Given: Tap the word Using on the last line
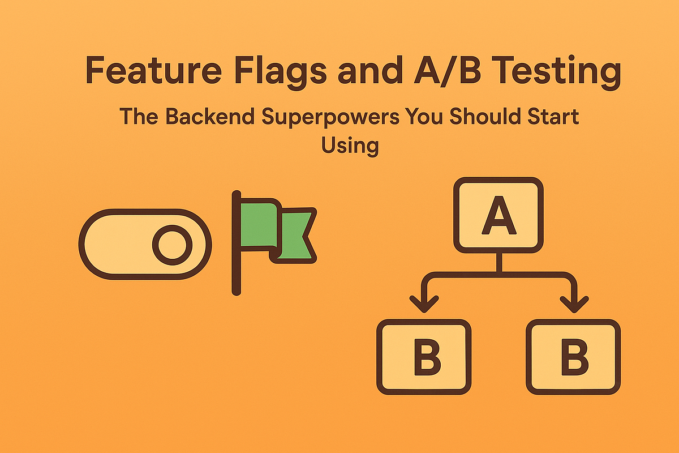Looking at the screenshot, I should tap(350, 145).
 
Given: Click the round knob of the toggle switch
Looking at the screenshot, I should tap(172, 244).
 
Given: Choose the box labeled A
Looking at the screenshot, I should tap(498, 215).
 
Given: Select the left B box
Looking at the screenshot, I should tap(424, 357).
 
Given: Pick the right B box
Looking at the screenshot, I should tap(573, 357).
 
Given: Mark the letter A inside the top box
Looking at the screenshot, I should tap(498, 218).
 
